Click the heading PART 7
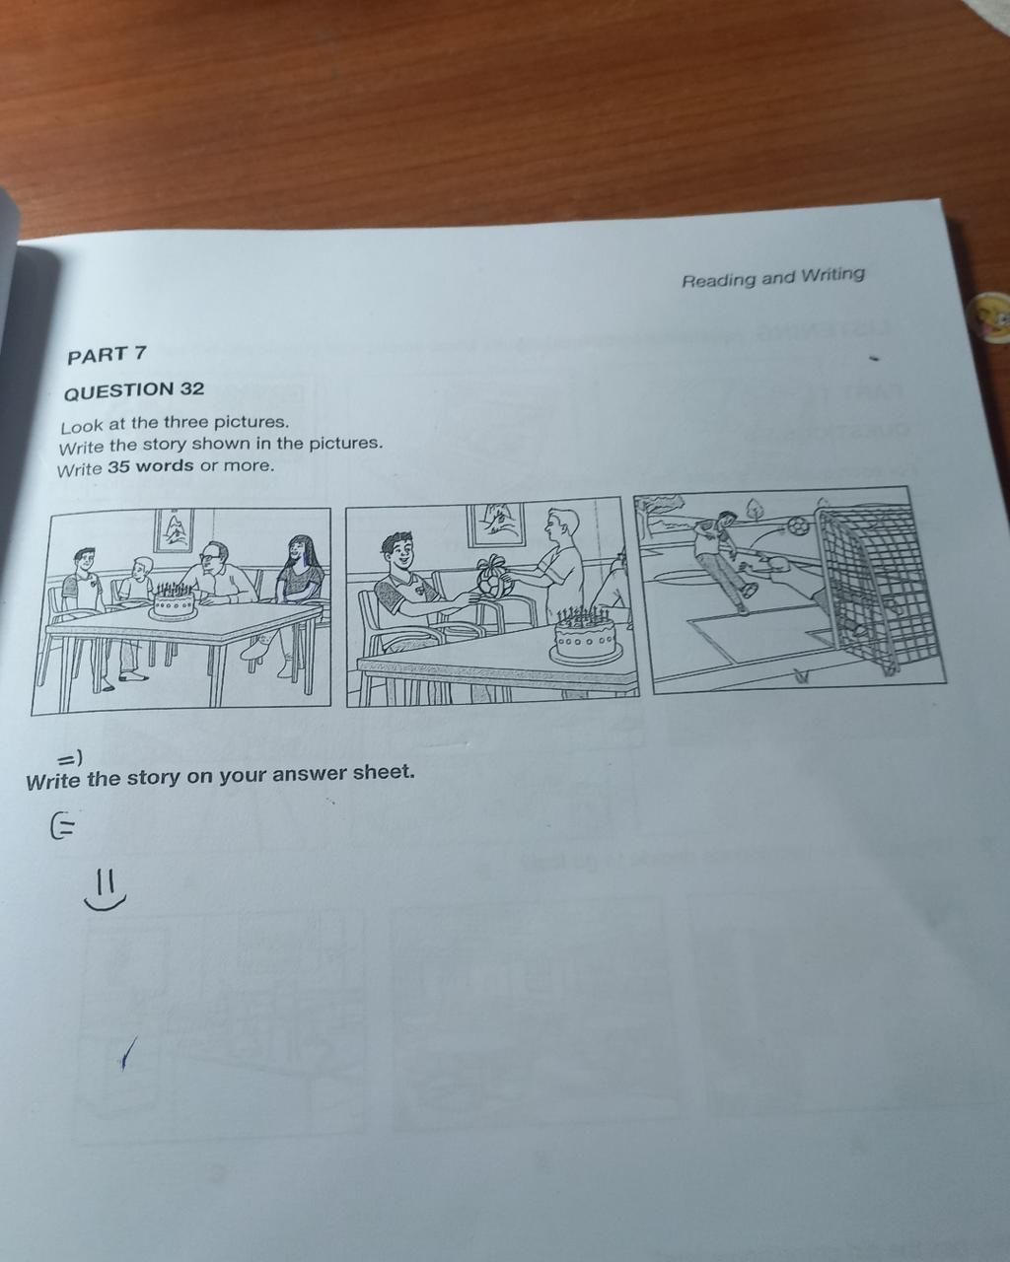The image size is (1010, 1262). point(107,354)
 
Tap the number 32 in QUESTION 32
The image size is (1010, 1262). point(192,388)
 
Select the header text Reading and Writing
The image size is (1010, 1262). point(772,277)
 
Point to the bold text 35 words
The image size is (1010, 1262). point(151,465)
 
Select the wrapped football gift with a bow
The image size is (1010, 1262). point(491,579)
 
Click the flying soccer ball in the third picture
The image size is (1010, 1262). point(798,526)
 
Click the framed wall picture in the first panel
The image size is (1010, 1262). point(174,530)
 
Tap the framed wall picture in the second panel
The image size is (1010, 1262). point(495,525)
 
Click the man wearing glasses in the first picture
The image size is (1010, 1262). point(217,577)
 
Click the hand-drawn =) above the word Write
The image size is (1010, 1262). point(70,758)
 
